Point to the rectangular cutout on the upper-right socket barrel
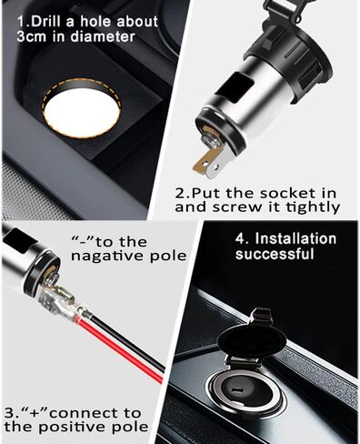235,86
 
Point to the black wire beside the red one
127,339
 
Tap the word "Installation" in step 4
295,238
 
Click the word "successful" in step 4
275,254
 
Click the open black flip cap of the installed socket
252,338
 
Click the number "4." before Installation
242,238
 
